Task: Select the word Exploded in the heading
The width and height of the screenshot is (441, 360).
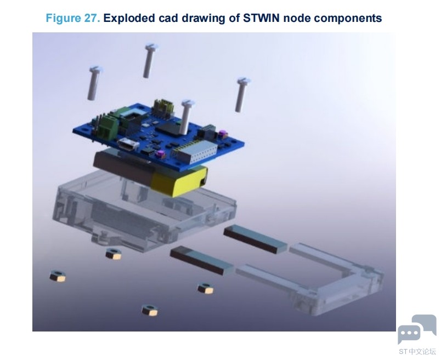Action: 129,19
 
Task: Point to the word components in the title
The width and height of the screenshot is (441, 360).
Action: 348,19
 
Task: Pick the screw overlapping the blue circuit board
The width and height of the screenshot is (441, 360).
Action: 186,117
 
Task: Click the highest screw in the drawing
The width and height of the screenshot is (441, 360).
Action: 150,60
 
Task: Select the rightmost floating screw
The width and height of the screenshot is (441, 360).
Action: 241,95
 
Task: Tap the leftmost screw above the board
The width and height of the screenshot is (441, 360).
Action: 94,83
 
